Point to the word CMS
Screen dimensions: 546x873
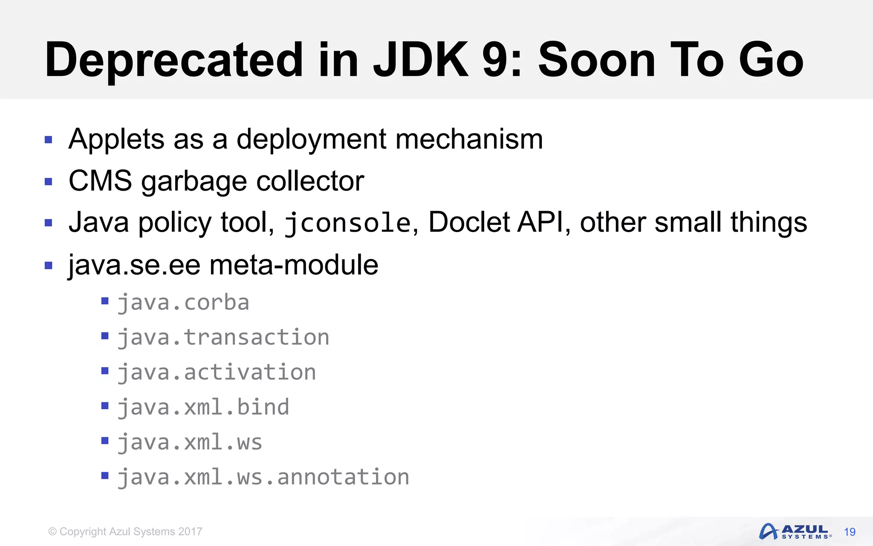pos(100,181)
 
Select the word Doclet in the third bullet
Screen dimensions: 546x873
pos(469,222)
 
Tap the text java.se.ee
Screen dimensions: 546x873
pos(134,265)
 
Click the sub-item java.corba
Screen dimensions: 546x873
pos(183,303)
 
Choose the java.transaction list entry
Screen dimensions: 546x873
pos(223,338)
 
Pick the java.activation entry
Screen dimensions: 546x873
pos(217,373)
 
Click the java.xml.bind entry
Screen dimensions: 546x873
pos(203,407)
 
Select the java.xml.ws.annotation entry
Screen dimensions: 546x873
pos(263,477)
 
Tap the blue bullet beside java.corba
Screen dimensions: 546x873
pos(105,302)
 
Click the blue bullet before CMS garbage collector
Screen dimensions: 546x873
pos(49,182)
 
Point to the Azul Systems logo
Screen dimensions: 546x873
pos(795,531)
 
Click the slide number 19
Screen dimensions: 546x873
pos(850,532)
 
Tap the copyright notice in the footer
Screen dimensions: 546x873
pos(125,531)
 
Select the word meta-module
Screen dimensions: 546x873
pos(294,265)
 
